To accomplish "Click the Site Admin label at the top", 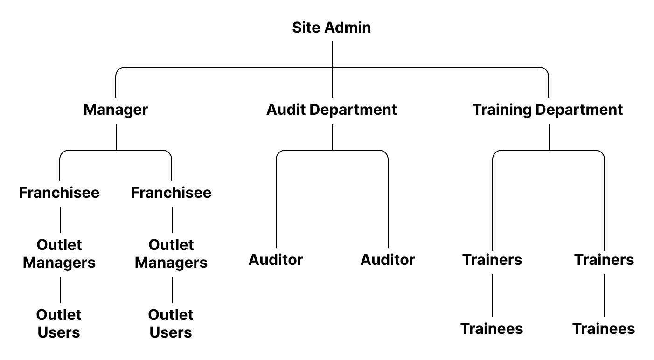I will pos(331,28).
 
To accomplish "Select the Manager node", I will pos(116,110).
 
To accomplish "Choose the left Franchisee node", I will pos(59,193).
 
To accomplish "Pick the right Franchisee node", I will pos(171,193).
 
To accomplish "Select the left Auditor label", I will pos(276,260).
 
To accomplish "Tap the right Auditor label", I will pos(388,260).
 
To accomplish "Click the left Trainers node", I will pos(492,260).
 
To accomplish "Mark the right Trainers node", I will pos(604,260).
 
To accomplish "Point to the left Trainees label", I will pos(492,329).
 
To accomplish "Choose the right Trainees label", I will pos(604,329).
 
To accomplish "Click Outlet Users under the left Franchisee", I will pos(59,324).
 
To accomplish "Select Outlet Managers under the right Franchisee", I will pos(171,254).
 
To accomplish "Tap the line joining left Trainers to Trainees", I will pos(492,295).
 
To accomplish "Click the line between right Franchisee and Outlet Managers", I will pos(172,220).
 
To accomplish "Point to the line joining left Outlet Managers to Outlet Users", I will pos(60,290).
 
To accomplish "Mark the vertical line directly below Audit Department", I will pos(333,137).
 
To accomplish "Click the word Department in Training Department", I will pos(579,110).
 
